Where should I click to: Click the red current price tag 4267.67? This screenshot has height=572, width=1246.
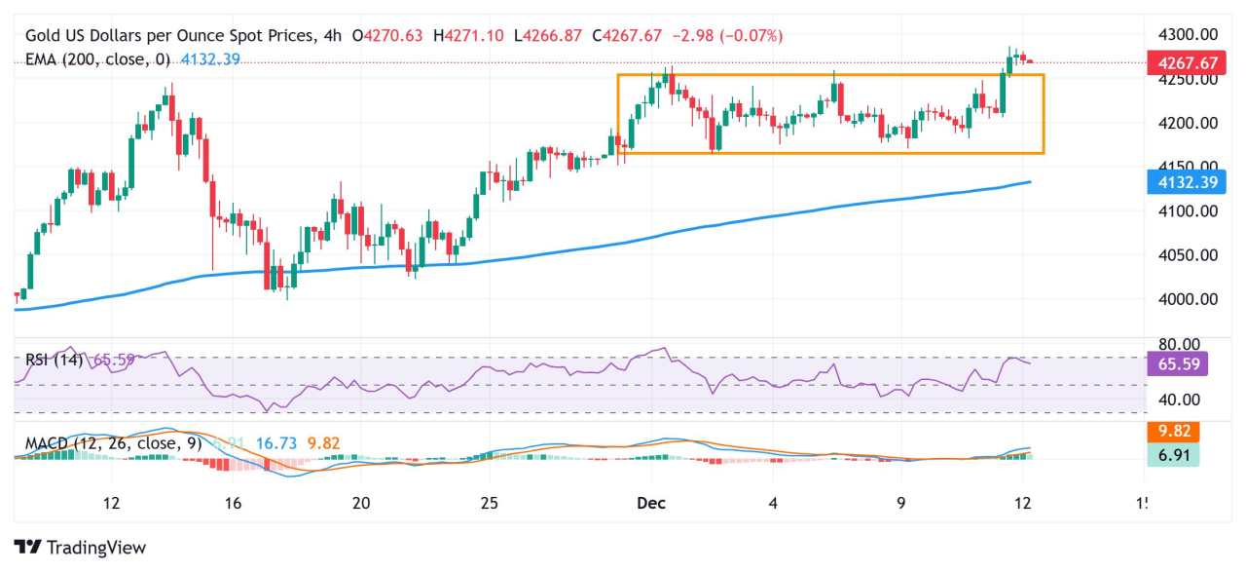point(1182,63)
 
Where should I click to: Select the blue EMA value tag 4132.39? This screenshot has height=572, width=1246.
point(1182,182)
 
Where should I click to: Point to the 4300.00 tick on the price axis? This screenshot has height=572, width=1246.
point(1187,34)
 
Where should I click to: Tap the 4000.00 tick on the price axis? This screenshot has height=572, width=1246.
point(1187,299)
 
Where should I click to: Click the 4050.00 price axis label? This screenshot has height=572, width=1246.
point(1187,255)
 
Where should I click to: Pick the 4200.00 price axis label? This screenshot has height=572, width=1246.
point(1187,123)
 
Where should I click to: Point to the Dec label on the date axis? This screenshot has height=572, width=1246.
point(650,503)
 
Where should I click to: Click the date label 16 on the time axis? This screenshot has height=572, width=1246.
point(232,503)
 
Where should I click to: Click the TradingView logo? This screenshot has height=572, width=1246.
point(80,548)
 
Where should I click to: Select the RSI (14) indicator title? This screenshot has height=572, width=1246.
point(55,360)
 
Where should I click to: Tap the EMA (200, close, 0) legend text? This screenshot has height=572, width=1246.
point(97,59)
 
